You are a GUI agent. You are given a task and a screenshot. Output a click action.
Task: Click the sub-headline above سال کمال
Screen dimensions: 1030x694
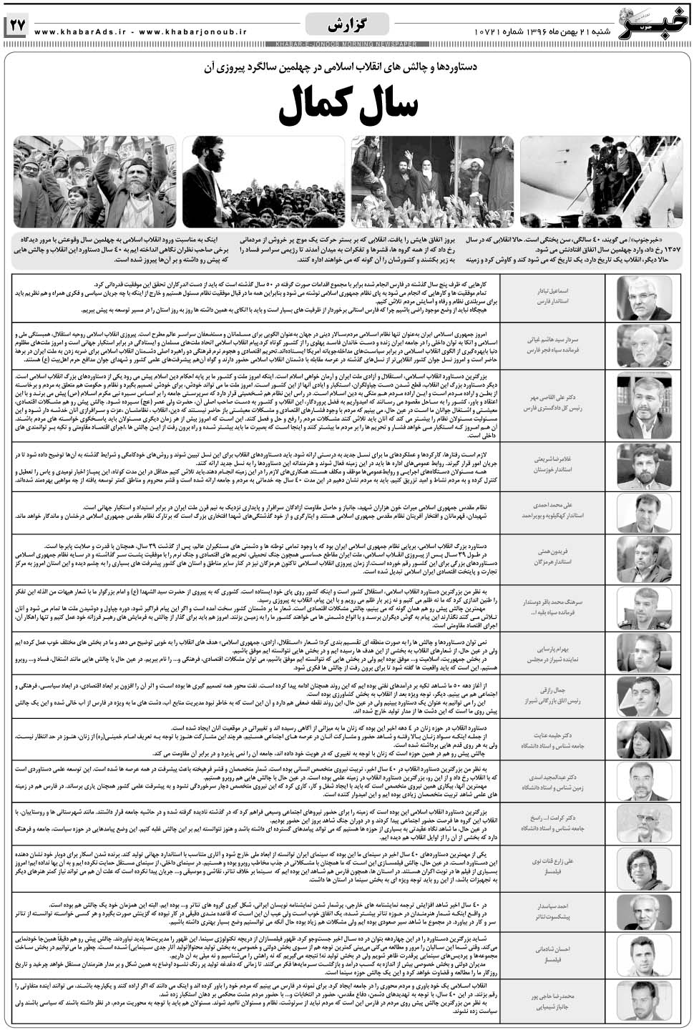[x=347, y=67]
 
